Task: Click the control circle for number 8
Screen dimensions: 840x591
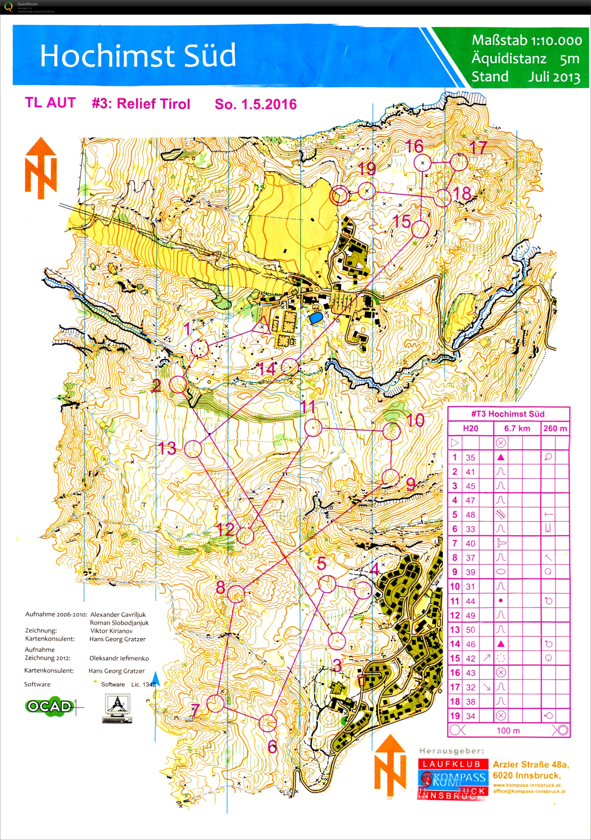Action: pyautogui.click(x=236, y=594)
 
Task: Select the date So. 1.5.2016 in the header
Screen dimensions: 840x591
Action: pyautogui.click(x=255, y=104)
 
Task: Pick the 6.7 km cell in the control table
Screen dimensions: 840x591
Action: pyautogui.click(x=517, y=428)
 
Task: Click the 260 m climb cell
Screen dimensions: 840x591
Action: pyautogui.click(x=555, y=428)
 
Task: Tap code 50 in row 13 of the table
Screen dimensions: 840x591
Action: pyautogui.click(x=470, y=630)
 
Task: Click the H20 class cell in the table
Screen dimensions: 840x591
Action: pyautogui.click(x=470, y=428)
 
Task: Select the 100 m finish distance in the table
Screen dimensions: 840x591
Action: pyautogui.click(x=508, y=731)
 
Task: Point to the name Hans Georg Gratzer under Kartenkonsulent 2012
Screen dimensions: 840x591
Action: pyautogui.click(x=117, y=671)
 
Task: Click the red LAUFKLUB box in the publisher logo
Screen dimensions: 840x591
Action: pyautogui.click(x=452, y=764)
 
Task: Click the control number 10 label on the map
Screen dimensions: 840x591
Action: pyautogui.click(x=415, y=421)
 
